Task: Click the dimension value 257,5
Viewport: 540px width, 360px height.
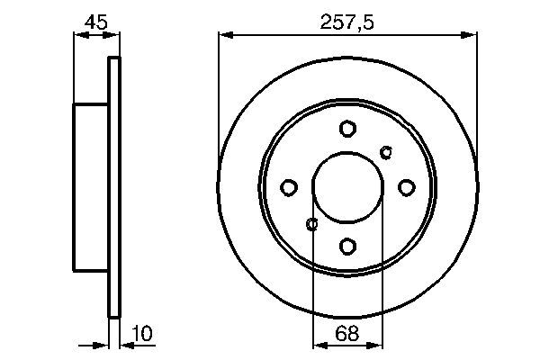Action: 347,20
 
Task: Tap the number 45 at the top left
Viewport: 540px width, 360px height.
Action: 94,20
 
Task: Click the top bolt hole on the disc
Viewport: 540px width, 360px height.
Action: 347,129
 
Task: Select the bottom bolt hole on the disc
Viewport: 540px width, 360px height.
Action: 347,245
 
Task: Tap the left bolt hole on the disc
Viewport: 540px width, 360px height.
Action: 289,187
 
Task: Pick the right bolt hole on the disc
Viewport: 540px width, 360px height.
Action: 406,187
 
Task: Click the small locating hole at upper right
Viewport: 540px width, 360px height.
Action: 387,150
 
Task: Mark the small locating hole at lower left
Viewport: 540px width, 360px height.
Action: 312,224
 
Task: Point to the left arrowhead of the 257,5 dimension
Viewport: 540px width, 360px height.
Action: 225,35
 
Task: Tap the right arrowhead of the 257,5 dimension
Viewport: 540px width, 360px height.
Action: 471,35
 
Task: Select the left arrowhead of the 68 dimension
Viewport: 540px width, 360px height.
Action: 318,344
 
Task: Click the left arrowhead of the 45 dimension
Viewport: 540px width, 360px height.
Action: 77,35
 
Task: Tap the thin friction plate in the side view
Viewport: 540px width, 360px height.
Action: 113,187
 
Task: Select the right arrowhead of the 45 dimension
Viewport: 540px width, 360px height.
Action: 113,35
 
